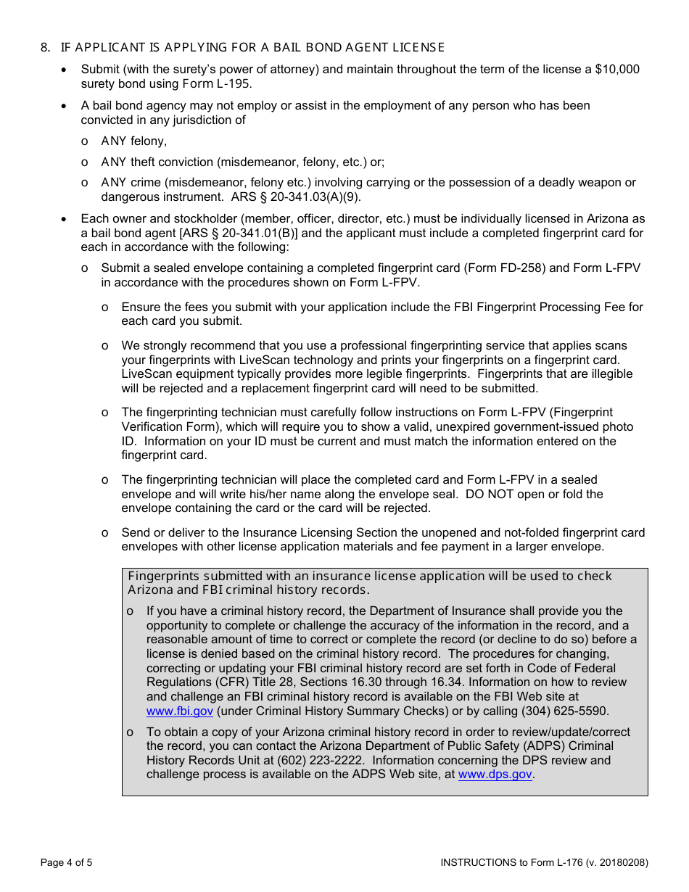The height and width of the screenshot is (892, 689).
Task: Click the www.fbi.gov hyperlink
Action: (x=180, y=711)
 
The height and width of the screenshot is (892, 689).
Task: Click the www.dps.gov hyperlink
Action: (x=495, y=775)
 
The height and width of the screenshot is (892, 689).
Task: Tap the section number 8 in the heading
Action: (x=45, y=48)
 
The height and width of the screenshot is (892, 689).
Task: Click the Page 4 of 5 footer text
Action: (x=67, y=863)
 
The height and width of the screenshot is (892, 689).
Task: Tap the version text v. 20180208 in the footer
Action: (x=616, y=863)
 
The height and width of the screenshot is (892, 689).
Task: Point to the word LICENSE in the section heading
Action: (x=421, y=48)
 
